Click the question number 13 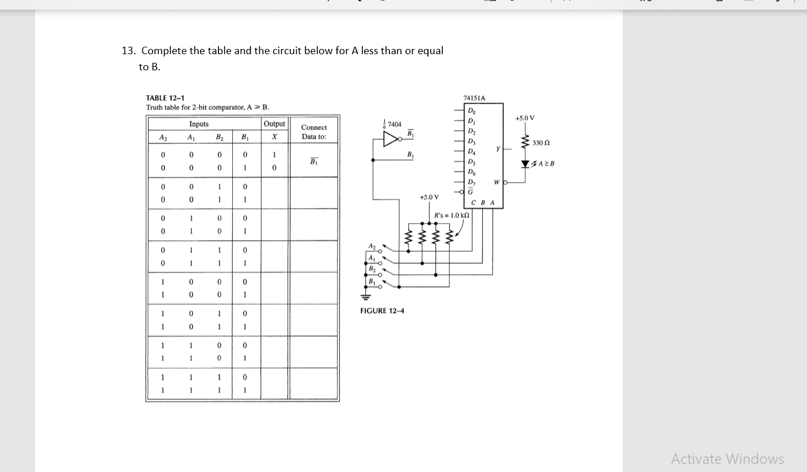coord(128,51)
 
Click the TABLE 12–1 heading coord(165,98)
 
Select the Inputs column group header coord(199,124)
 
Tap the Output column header coord(274,124)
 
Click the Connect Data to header coord(314,132)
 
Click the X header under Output coord(274,137)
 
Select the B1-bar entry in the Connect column coord(314,161)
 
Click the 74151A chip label coord(474,98)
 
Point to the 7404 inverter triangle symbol coord(392,139)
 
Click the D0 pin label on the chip coord(472,111)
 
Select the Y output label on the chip coord(497,149)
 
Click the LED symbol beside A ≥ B coord(525,164)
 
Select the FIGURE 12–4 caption coord(382,311)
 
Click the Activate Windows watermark coord(727,459)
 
